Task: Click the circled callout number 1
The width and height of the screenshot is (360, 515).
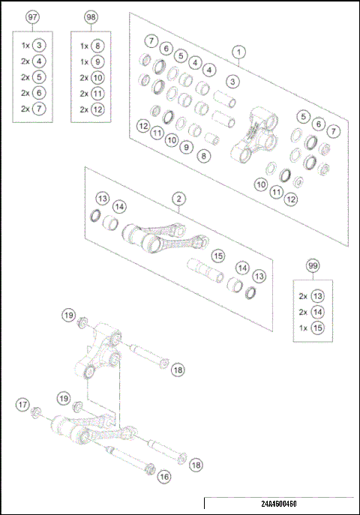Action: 238,52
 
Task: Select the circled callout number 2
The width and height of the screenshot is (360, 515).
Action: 178,199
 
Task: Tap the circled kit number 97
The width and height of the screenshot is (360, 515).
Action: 32,17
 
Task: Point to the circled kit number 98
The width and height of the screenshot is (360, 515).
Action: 91,17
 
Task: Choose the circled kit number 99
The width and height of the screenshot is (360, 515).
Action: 313,266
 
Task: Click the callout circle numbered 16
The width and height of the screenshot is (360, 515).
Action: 163,476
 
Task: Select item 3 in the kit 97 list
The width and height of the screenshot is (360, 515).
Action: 40,45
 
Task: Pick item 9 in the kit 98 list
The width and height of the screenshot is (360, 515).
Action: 99,61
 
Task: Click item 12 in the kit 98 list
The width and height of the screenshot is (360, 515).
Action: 99,109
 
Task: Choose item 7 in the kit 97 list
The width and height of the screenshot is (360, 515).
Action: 40,109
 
